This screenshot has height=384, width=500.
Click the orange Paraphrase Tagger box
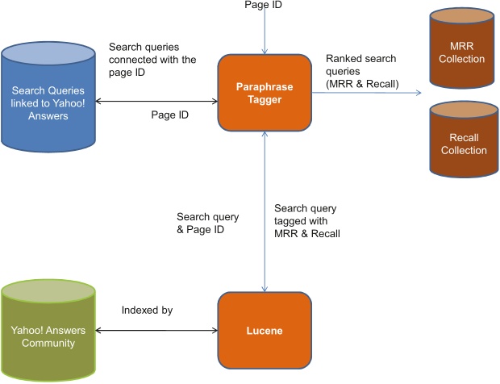(265, 92)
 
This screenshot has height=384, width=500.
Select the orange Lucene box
(265, 329)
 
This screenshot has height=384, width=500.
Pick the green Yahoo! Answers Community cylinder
(48, 331)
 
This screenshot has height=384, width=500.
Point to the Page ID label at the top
(264, 6)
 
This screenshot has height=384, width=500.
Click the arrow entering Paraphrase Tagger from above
(265, 32)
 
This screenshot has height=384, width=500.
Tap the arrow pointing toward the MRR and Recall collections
(367, 94)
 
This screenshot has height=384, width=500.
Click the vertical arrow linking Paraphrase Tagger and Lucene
(265, 210)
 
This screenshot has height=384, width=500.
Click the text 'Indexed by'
(148, 310)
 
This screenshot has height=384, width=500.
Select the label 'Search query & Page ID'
(201, 223)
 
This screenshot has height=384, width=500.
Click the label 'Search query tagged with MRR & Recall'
(306, 221)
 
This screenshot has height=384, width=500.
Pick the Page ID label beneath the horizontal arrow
(170, 115)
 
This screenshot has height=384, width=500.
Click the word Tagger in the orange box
(265, 98)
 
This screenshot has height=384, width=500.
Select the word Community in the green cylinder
(48, 343)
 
